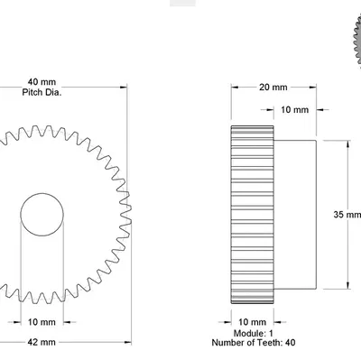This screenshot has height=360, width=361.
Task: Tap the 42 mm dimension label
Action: (x=42, y=343)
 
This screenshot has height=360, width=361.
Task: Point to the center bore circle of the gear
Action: (x=41, y=215)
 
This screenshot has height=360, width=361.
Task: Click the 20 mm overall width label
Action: (x=273, y=88)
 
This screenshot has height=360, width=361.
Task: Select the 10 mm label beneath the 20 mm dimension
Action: (x=295, y=110)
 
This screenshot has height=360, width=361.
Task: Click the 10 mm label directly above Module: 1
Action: (x=253, y=321)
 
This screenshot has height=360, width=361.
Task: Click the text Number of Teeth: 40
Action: (x=253, y=343)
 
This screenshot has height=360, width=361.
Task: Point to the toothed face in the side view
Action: (x=253, y=215)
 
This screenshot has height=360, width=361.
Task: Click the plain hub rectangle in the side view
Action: (x=295, y=215)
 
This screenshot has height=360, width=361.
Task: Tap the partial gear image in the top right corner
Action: (x=353, y=36)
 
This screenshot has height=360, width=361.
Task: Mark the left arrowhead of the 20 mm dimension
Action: (x=235, y=88)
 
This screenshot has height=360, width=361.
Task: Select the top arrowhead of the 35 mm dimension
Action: (x=348, y=143)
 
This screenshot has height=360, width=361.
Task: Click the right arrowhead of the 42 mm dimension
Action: (x=125, y=343)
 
